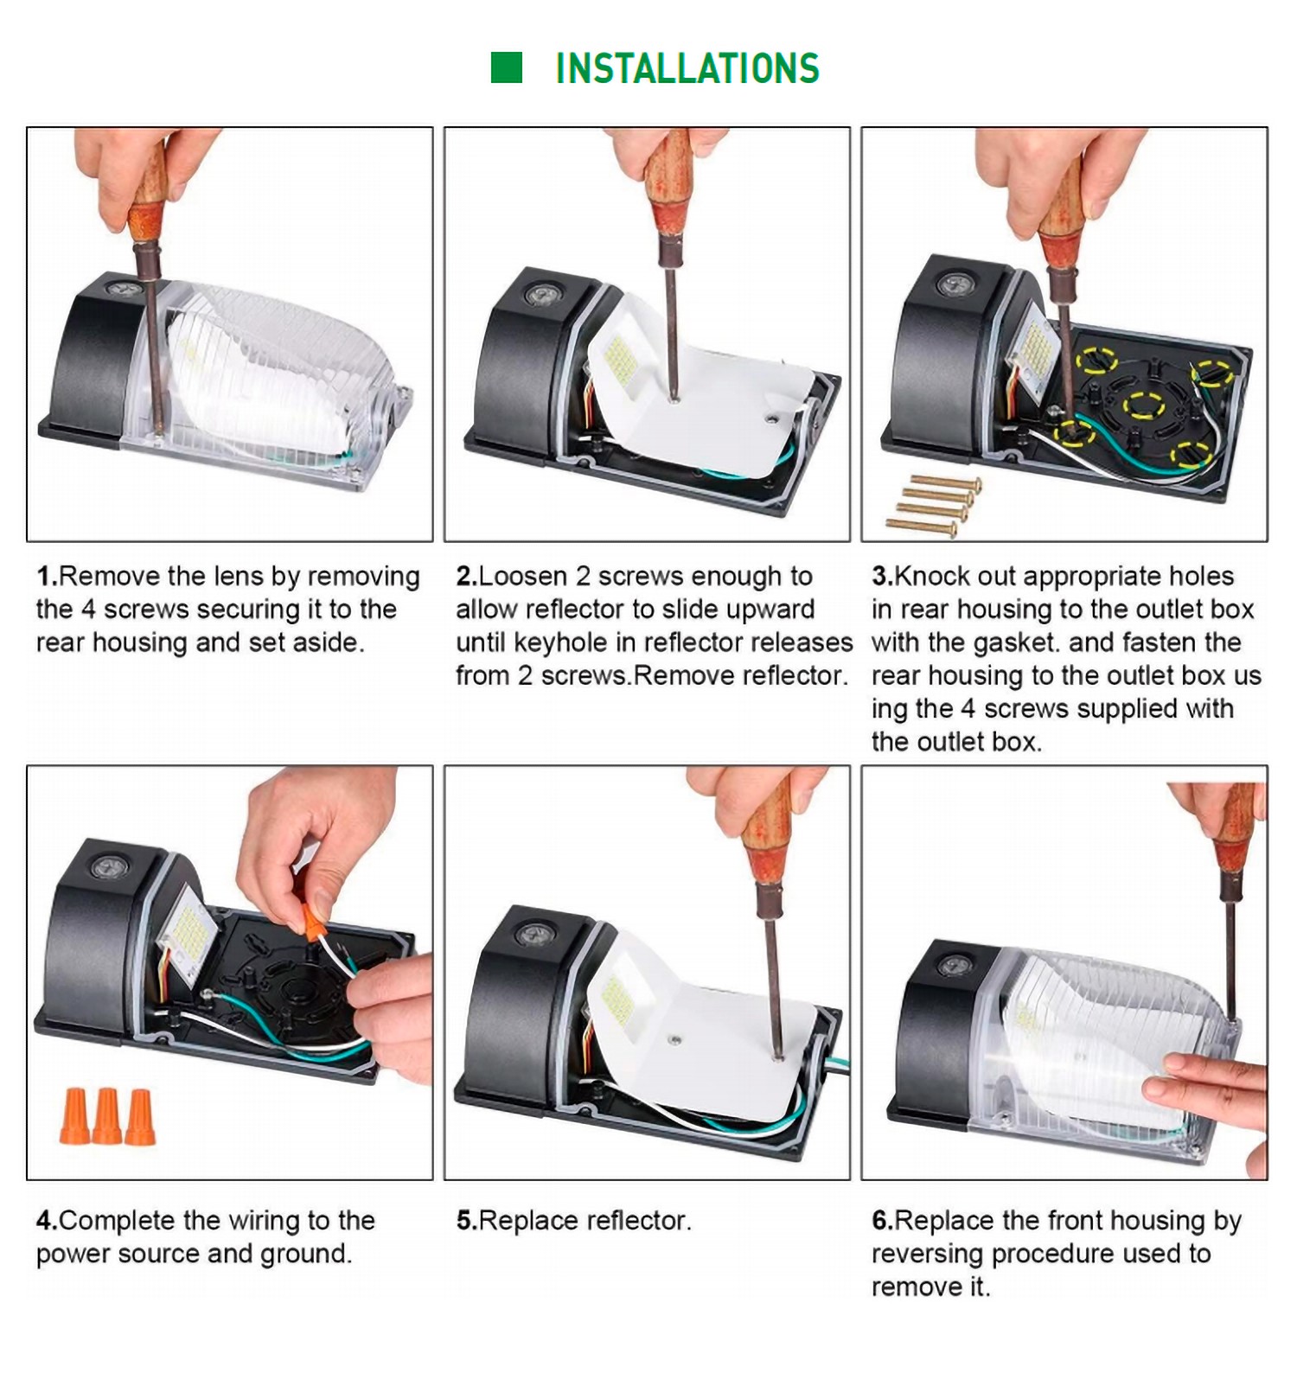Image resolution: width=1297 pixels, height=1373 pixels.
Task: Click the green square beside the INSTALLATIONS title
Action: pyautogui.click(x=507, y=67)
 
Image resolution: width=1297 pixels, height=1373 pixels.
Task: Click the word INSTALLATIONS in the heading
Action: pyautogui.click(x=687, y=68)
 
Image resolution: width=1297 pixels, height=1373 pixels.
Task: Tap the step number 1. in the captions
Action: pyautogui.click(x=47, y=576)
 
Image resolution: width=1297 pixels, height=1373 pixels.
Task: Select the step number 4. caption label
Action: pyautogui.click(x=47, y=1220)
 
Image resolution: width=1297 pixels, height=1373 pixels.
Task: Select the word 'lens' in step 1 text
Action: pyautogui.click(x=238, y=576)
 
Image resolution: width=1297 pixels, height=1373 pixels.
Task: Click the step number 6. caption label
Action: pyautogui.click(x=882, y=1220)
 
